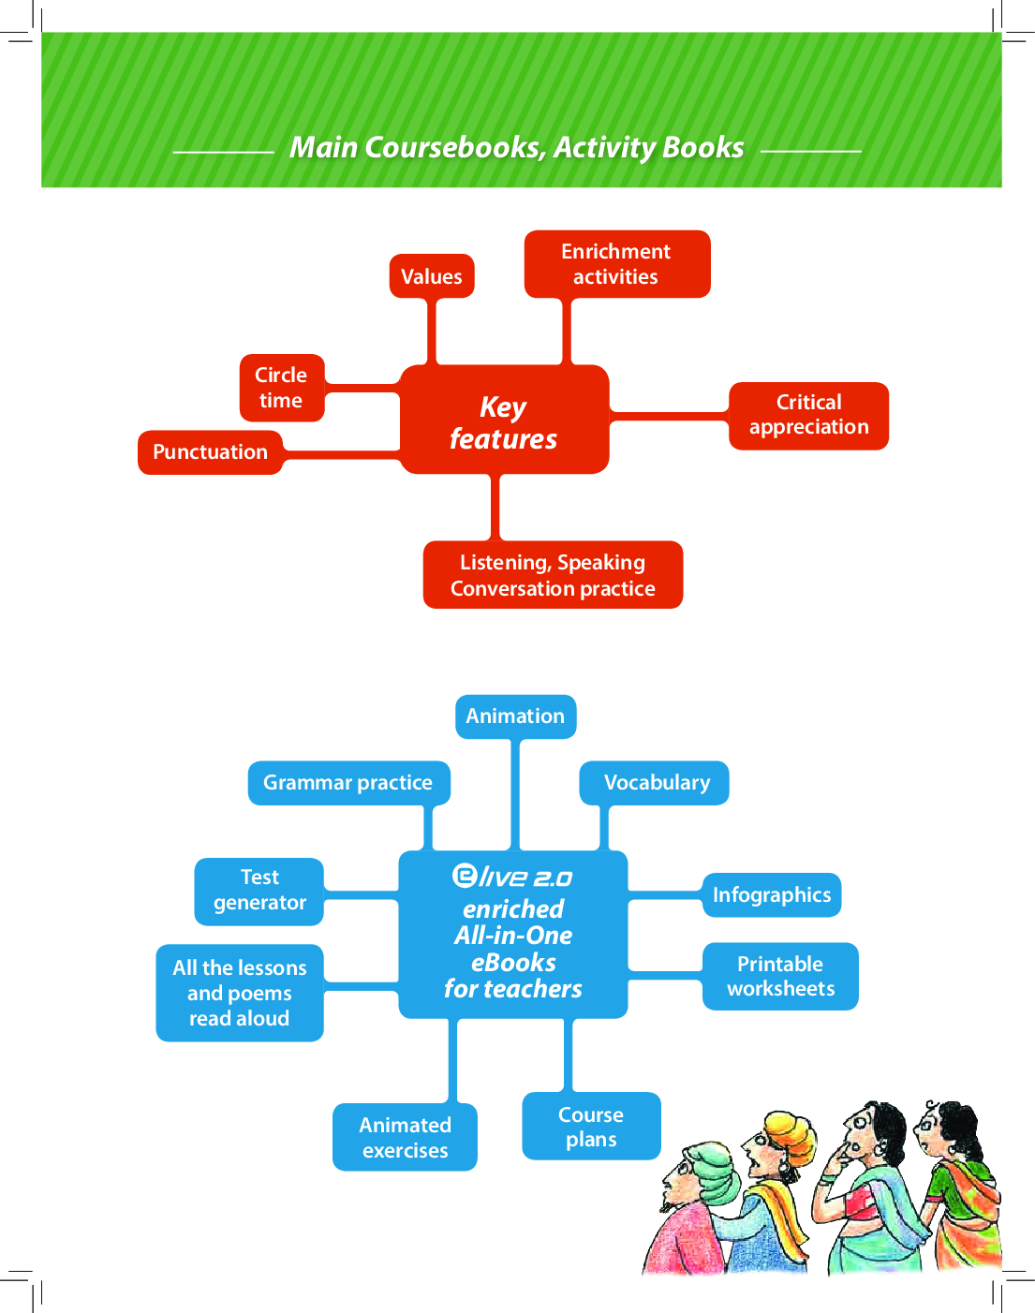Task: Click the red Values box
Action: [432, 276]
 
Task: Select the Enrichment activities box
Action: [616, 264]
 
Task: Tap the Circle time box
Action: [282, 388]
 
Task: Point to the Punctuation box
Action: [211, 452]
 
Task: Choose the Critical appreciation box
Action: [808, 415]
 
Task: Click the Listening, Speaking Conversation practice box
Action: [553, 575]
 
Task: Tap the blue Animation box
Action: [516, 716]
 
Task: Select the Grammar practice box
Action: [348, 783]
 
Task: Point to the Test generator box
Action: [259, 891]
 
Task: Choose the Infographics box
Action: [771, 895]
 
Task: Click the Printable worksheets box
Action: [780, 976]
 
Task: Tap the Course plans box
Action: [591, 1127]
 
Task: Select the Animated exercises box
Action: [405, 1137]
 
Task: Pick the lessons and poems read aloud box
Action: [240, 993]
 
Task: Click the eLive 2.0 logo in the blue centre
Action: [512, 877]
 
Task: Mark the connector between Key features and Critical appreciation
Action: [669, 413]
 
